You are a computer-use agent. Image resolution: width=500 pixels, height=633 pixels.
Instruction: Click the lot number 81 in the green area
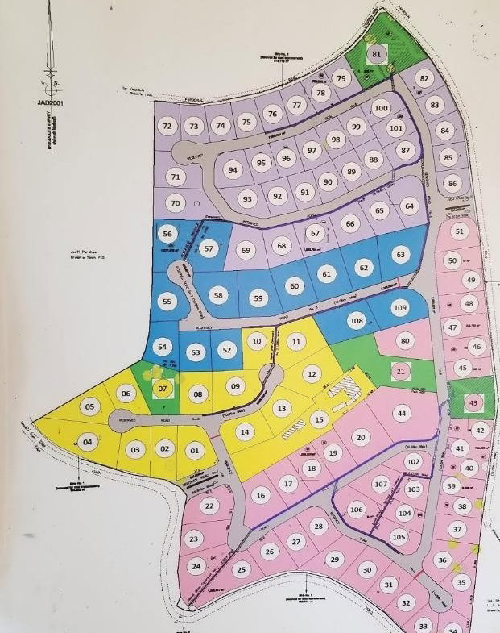[376, 54]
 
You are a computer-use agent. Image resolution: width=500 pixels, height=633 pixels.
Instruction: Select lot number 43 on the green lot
[473, 402]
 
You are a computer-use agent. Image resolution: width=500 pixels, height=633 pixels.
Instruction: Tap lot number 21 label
[402, 371]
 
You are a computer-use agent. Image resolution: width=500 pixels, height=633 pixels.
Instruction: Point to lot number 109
[399, 307]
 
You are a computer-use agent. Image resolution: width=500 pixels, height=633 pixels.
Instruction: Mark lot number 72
[167, 126]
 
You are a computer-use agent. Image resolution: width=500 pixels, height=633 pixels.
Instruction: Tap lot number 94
[233, 169]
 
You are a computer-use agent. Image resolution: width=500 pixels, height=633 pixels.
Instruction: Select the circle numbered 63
[399, 255]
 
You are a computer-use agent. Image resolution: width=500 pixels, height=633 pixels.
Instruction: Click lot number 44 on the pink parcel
[400, 413]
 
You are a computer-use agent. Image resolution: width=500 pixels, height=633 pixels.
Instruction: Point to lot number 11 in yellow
[296, 342]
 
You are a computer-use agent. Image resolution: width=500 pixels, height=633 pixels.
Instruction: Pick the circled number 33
[424, 625]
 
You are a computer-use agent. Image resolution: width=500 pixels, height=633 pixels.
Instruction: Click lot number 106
[356, 509]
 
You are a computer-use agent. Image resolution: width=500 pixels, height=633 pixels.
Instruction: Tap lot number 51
[460, 231]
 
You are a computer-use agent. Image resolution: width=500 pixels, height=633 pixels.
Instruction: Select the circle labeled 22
[209, 506]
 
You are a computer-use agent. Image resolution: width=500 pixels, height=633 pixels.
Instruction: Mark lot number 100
[381, 108]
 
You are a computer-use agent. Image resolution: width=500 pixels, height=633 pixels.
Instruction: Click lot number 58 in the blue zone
[217, 296]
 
